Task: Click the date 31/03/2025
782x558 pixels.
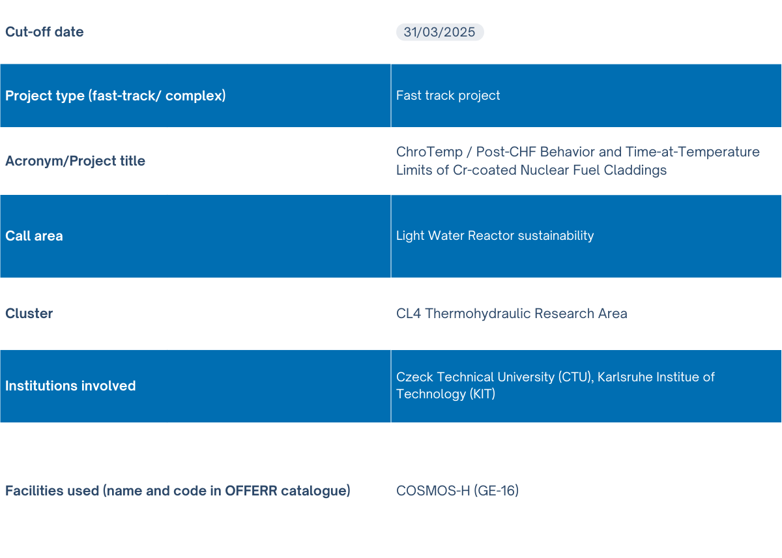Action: tap(439, 32)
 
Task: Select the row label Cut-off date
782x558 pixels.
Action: tap(44, 32)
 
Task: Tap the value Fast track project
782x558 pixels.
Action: tap(448, 95)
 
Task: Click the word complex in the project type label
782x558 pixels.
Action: tap(195, 96)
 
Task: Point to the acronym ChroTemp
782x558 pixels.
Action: tap(429, 152)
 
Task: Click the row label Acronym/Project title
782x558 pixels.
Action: tap(75, 161)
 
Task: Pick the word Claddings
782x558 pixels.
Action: tap(635, 170)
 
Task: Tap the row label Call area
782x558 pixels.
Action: tap(34, 236)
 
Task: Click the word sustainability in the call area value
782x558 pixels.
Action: tap(556, 236)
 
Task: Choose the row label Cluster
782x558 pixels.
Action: tap(29, 314)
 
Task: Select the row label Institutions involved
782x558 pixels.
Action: tap(70, 386)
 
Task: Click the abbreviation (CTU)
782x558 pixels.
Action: tap(576, 377)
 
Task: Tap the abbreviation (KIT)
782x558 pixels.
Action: tap(482, 394)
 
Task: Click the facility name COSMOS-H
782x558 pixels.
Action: tap(433, 491)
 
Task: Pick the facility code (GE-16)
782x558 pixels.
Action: tap(496, 491)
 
